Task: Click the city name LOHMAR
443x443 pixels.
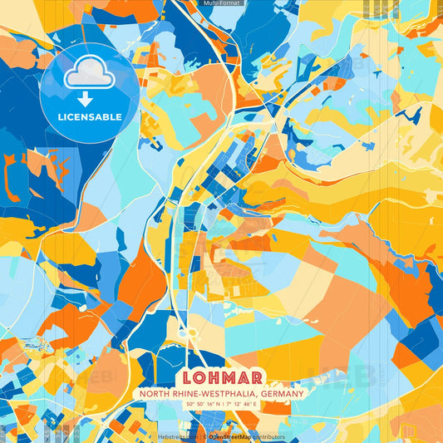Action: tap(221, 377)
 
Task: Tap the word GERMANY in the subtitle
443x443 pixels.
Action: tap(279, 394)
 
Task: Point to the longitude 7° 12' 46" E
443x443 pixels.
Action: tap(242, 404)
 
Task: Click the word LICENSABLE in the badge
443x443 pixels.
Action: tap(89, 116)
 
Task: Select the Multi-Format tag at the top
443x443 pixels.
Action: tap(222, 3)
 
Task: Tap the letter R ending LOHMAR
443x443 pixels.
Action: tap(259, 377)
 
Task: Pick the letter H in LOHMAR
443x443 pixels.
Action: tap(213, 377)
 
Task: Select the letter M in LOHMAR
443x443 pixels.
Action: tap(229, 377)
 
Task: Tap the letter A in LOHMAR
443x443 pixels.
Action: tap(245, 377)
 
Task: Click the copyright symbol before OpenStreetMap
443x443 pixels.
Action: tap(205, 436)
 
